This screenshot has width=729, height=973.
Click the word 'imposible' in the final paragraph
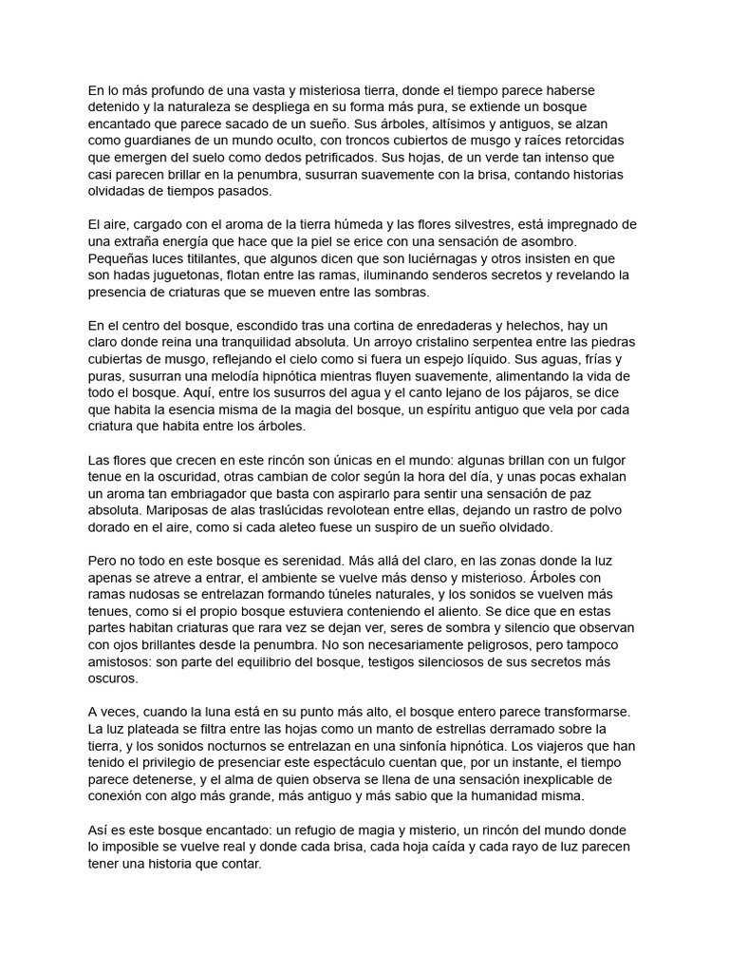[x=135, y=849]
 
